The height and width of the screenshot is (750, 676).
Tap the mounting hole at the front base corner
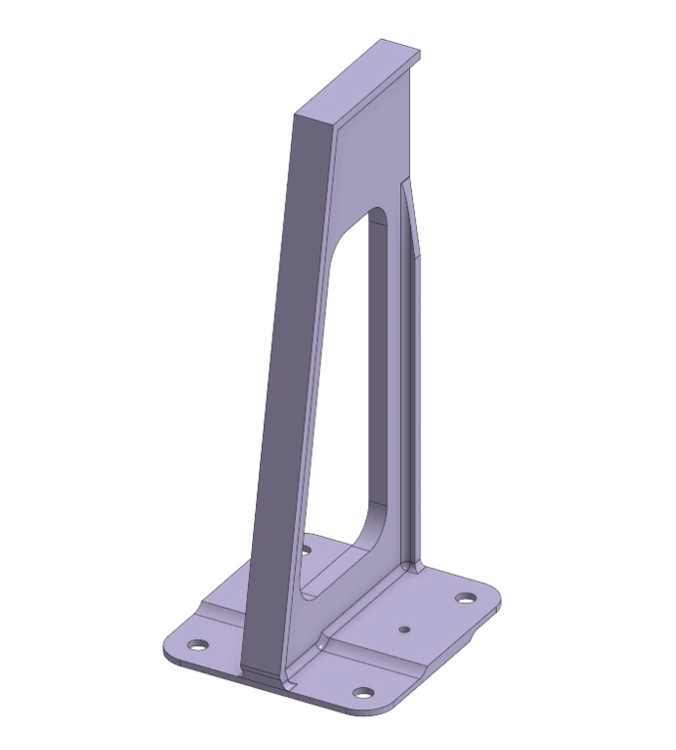coord(363,692)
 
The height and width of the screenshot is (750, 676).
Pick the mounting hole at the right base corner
coord(464,598)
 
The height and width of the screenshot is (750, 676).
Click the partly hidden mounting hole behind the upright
coord(306,549)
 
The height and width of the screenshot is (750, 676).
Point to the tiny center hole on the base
coord(403,629)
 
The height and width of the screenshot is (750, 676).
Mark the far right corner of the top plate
coord(419,53)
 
